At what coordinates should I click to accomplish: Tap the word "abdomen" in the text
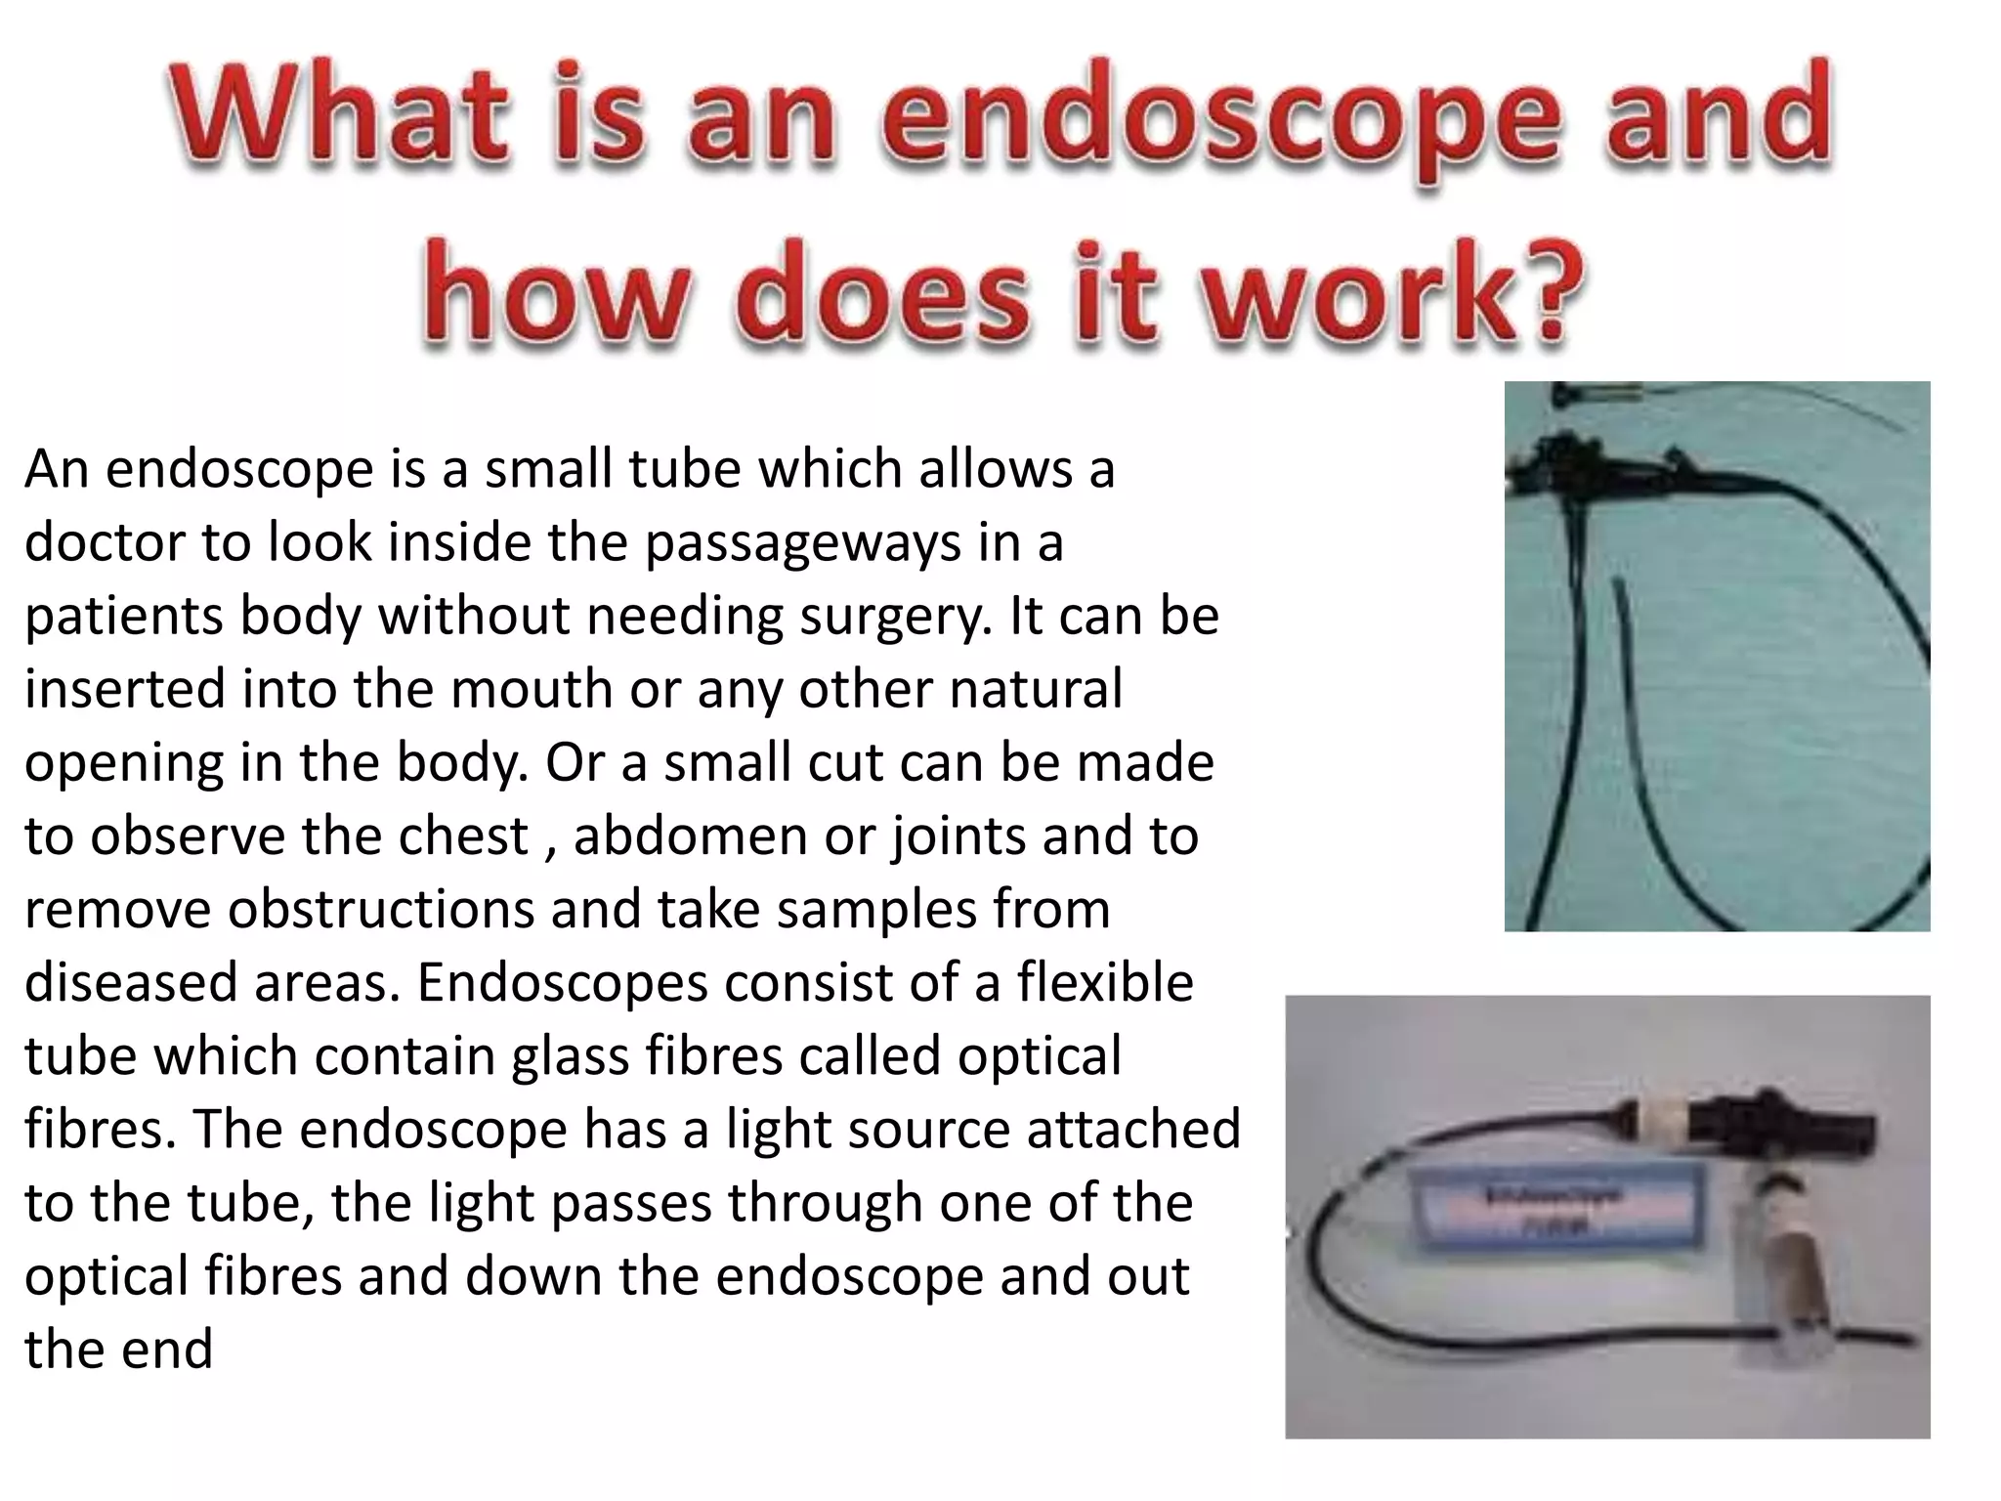[x=690, y=836]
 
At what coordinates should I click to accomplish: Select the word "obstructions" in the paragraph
[x=382, y=909]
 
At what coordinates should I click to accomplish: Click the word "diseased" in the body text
[x=131, y=982]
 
